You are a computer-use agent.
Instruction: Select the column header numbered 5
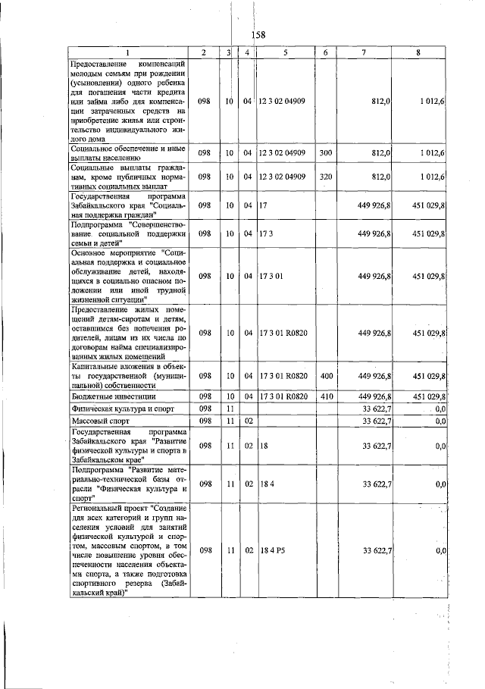click(285, 52)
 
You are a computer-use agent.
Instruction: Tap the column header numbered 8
click(418, 52)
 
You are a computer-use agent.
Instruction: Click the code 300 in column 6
click(326, 153)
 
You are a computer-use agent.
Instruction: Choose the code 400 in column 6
click(326, 375)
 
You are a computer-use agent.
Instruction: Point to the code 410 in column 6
click(326, 396)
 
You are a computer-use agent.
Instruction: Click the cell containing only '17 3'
click(265, 234)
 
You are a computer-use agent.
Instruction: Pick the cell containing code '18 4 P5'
click(272, 550)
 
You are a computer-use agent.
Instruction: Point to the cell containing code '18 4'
click(265, 484)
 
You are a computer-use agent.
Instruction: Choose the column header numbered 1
click(127, 52)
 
